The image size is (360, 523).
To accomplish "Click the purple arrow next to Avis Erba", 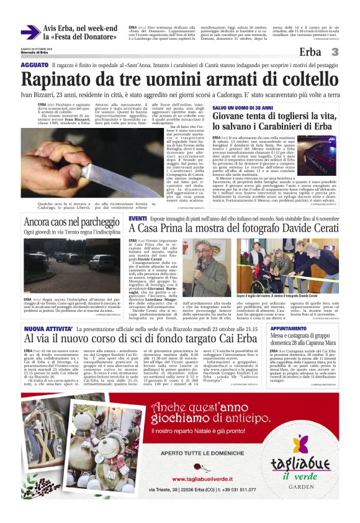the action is (x=30, y=32).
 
